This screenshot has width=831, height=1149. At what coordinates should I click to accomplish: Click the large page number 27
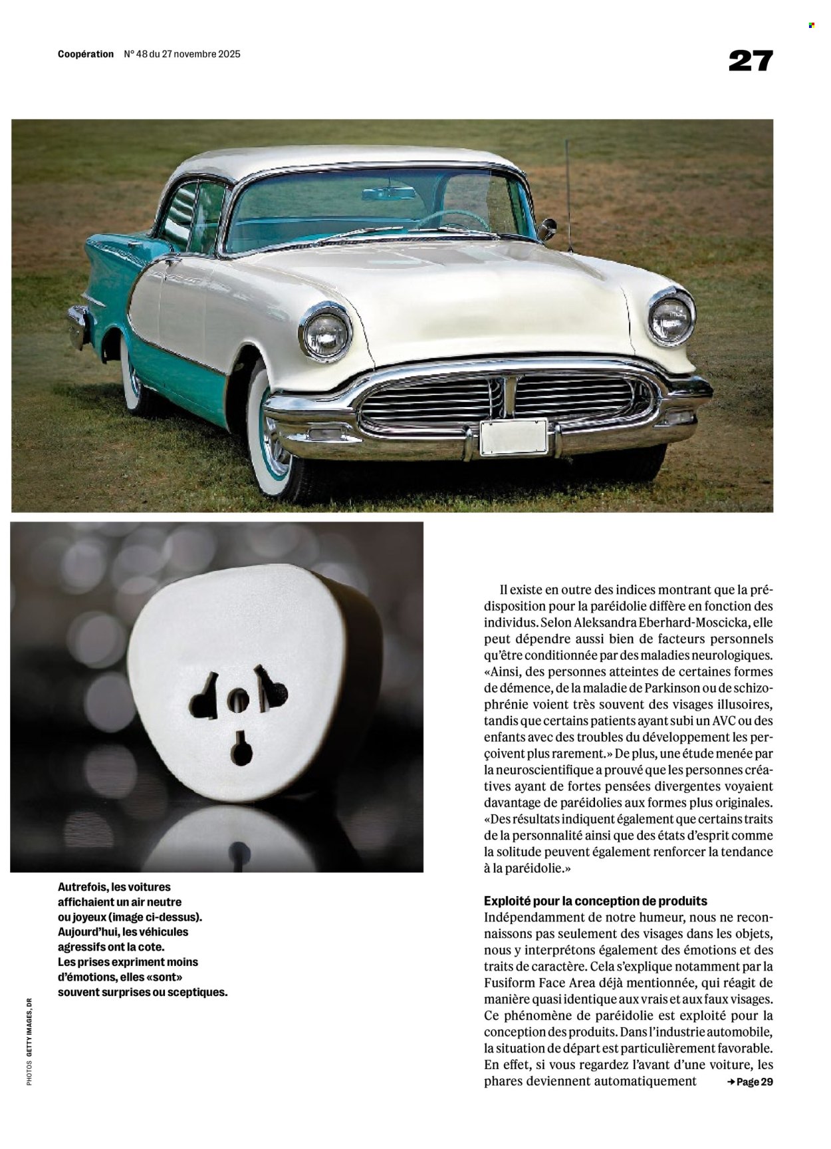(751, 61)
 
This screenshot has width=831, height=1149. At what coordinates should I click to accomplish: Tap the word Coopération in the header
(86, 55)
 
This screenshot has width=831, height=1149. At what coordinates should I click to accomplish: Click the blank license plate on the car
(513, 437)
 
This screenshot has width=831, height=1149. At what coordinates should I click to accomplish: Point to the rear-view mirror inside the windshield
(389, 193)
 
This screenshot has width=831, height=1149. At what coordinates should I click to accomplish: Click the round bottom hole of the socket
(241, 750)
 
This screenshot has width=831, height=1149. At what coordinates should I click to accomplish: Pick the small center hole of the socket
(238, 699)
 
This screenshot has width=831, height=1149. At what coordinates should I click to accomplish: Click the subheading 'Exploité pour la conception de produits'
(596, 902)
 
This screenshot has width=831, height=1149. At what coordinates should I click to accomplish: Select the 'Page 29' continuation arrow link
(750, 1082)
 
